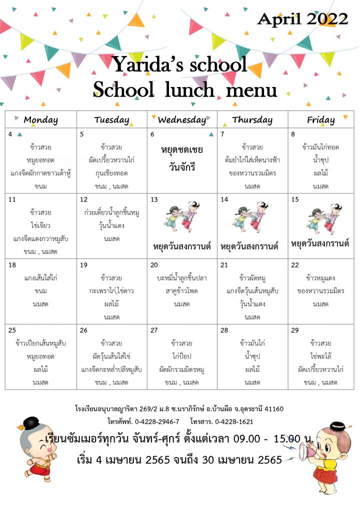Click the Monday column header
click(x=41, y=120)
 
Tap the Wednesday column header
click(x=181, y=120)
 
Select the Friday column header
click(x=320, y=120)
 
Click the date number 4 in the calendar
click(x=10, y=134)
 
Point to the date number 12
click(x=84, y=199)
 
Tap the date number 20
click(x=154, y=265)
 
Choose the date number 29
click(x=295, y=330)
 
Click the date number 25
click(x=12, y=330)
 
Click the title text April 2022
click(x=302, y=19)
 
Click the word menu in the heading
click(x=251, y=90)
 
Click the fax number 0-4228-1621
click(x=234, y=421)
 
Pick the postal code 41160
click(x=272, y=409)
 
